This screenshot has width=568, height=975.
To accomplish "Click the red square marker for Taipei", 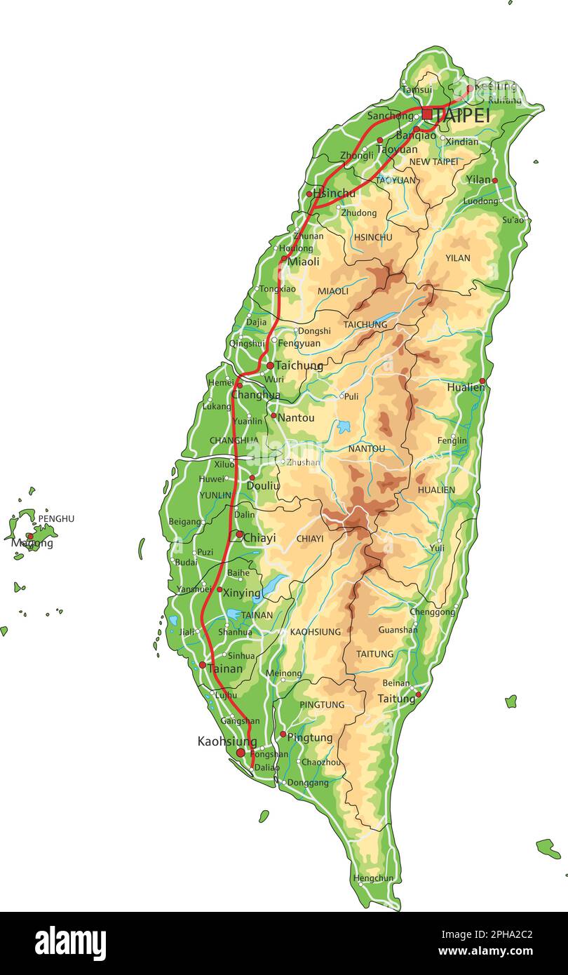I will [427, 114].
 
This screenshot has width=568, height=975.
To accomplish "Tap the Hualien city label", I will [466, 387].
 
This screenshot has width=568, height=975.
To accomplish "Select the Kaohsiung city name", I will [226, 741].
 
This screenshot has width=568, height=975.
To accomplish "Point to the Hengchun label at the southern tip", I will [373, 877].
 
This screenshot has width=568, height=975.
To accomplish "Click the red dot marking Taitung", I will [418, 695].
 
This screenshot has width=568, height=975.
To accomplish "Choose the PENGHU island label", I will [56, 518].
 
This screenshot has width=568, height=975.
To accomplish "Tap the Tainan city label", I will [224, 669].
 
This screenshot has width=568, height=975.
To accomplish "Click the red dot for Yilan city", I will [494, 180].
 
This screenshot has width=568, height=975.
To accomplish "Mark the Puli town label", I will [351, 396].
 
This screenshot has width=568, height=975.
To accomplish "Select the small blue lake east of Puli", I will [344, 426].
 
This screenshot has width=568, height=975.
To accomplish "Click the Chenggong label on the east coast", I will [432, 612].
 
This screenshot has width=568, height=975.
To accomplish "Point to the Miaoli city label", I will [303, 262].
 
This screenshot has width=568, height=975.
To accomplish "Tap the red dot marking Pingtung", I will [283, 735].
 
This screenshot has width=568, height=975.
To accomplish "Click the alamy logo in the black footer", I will [70, 943].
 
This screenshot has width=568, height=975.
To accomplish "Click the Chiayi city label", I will [259, 538].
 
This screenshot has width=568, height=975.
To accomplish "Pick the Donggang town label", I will [308, 783].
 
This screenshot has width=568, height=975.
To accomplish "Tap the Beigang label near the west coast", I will [184, 521].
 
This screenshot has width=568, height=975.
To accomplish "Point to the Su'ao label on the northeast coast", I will [513, 220].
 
